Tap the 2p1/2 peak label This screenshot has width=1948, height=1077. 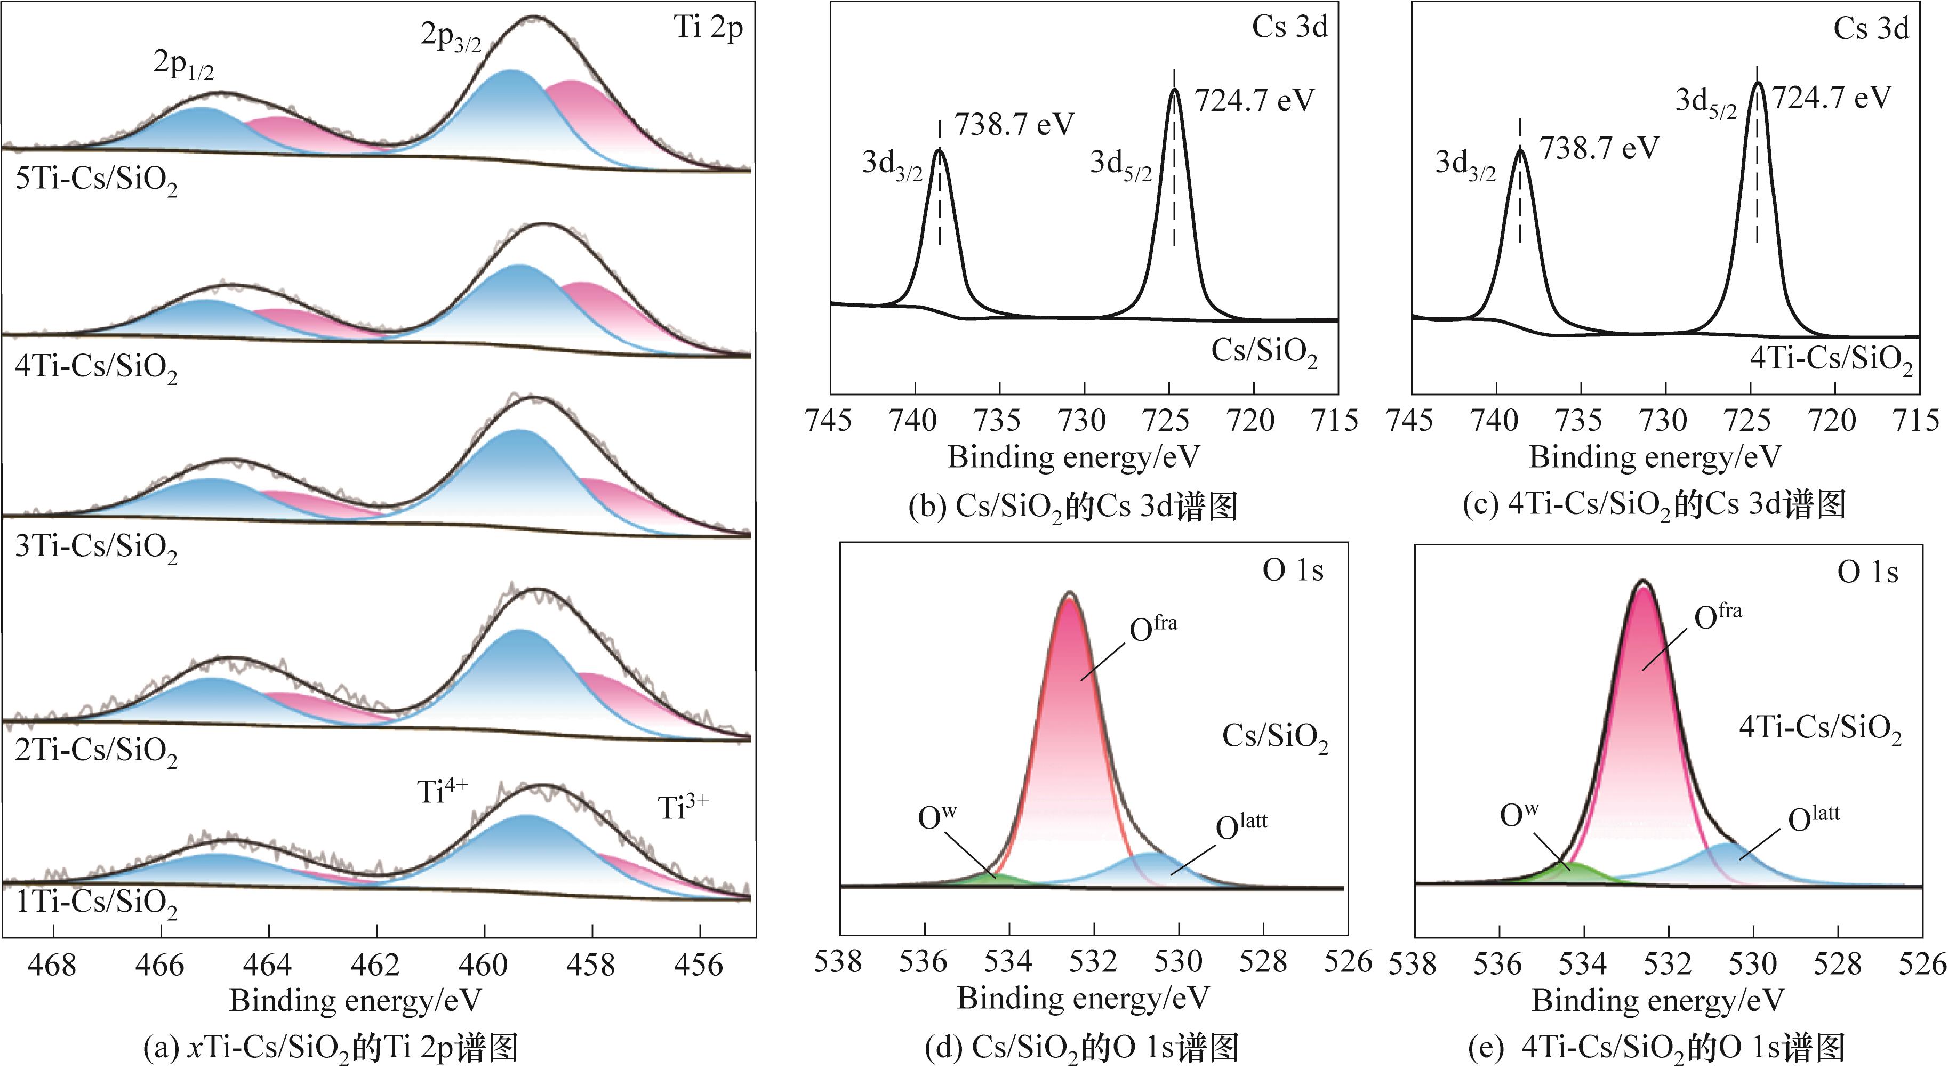(184, 65)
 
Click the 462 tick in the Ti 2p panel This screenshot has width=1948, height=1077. (376, 965)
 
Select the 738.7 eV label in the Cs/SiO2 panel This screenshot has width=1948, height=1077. (1013, 125)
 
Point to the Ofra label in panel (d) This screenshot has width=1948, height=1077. (1152, 629)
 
